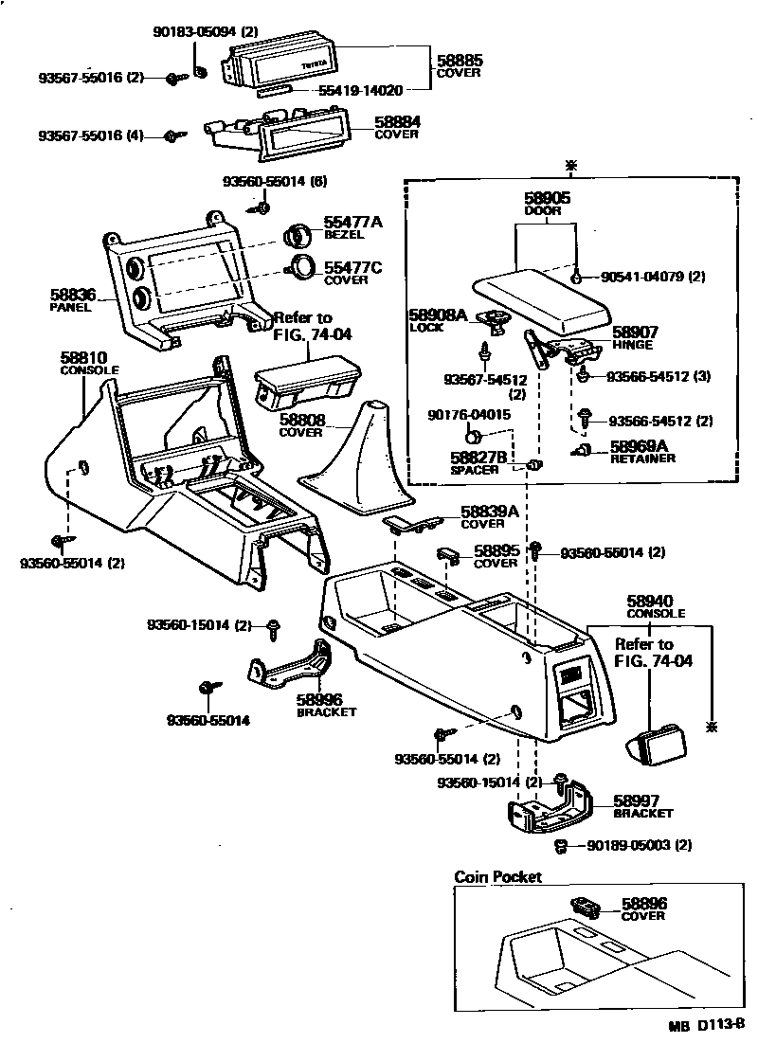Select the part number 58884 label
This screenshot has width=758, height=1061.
pos(397,122)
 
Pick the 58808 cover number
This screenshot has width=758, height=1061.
pos(301,420)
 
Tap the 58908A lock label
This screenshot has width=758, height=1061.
pos(439,315)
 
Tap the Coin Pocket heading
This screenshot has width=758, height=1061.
pos(498,877)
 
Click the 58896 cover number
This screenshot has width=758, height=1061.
pos(644,904)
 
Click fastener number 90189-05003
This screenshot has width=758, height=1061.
pos(629,844)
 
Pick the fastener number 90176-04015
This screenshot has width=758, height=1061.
pos(470,415)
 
